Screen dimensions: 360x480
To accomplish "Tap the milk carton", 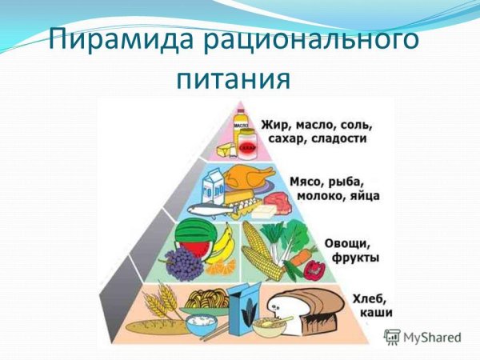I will pyautogui.click(x=214, y=188).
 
